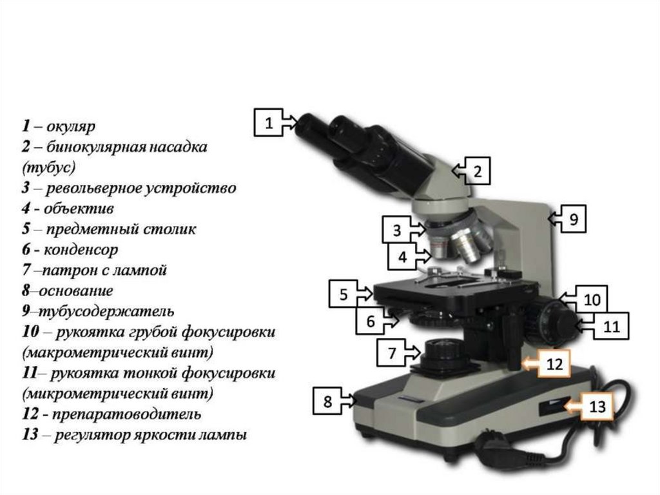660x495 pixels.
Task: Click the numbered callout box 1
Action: pyautogui.click(x=269, y=122)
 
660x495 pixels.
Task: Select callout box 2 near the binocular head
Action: pyautogui.click(x=477, y=171)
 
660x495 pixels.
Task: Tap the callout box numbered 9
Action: pyautogui.click(x=573, y=218)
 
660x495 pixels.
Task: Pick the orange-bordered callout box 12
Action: pyautogui.click(x=554, y=363)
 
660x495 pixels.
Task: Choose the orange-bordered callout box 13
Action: pyautogui.click(x=597, y=406)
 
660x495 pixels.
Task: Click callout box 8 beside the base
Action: pyautogui.click(x=327, y=401)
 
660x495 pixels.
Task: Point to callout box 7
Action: pyautogui.click(x=391, y=352)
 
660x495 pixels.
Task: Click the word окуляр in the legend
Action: pyautogui.click(x=71, y=126)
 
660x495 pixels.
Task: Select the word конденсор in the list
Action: pyautogui.click(x=81, y=250)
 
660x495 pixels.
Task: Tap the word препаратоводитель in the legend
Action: pyautogui.click(x=126, y=414)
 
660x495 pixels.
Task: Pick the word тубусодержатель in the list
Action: pyautogui.click(x=106, y=312)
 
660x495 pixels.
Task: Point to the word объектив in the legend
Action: pyautogui.click(x=79, y=208)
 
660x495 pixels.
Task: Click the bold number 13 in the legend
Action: pyautogui.click(x=30, y=434)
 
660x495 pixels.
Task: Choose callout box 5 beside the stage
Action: pyautogui.click(x=343, y=294)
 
